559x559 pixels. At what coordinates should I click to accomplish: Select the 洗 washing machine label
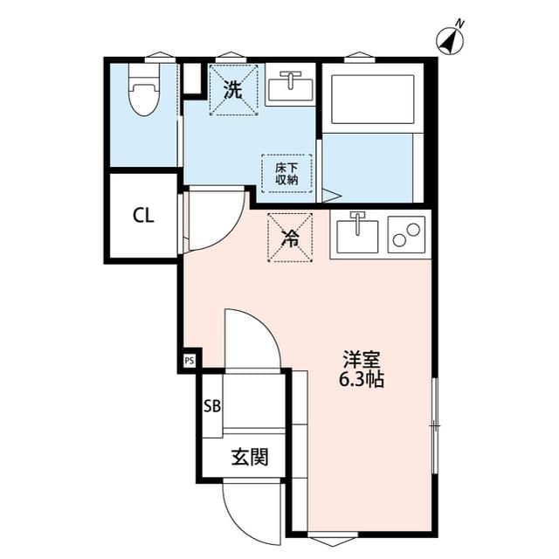pyautogui.click(x=233, y=89)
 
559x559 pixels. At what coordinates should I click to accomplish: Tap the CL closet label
pyautogui.click(x=143, y=217)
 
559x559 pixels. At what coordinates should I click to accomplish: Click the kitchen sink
pyautogui.click(x=355, y=233)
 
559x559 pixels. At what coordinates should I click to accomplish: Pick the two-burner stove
pyautogui.click(x=405, y=234)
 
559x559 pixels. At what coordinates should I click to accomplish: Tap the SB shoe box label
pyautogui.click(x=211, y=405)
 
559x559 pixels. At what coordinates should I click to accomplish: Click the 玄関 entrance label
pyautogui.click(x=249, y=456)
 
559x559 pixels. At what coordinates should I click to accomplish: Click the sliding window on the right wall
pyautogui.click(x=434, y=425)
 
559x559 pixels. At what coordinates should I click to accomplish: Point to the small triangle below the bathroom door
pyautogui.click(x=329, y=197)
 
